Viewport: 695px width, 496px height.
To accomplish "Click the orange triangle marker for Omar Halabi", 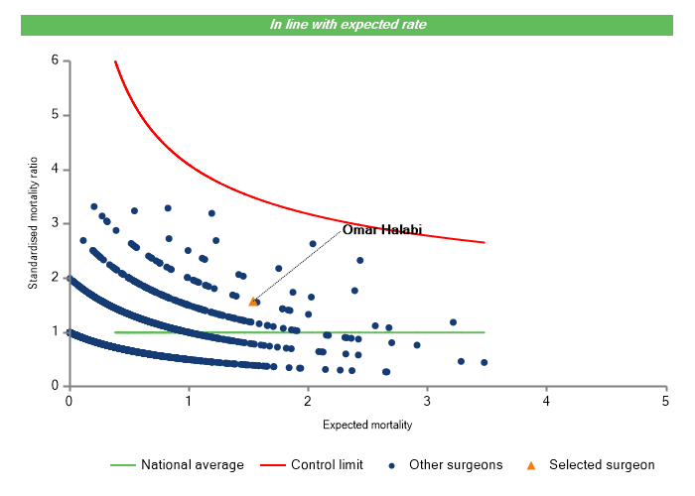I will [252, 301].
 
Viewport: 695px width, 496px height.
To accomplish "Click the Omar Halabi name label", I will [382, 230].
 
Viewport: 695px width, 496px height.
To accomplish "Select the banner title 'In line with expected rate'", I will [348, 24].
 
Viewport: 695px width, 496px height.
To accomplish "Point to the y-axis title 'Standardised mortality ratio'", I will [33, 223].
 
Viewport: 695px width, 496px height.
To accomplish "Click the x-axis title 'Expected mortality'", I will [367, 425].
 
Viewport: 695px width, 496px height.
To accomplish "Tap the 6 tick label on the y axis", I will [54, 61].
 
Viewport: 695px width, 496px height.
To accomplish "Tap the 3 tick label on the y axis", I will [54, 223].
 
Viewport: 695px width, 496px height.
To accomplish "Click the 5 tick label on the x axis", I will [665, 400].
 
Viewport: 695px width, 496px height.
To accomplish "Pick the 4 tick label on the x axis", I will [546, 400].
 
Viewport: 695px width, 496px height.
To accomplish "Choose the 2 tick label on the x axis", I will [308, 400].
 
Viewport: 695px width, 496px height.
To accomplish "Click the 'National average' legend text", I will [192, 464].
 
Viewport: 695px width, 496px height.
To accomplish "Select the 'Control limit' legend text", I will [327, 464].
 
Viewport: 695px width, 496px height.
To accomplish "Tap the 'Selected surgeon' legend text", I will [602, 464].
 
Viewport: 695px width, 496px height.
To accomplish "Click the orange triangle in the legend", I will [531, 464].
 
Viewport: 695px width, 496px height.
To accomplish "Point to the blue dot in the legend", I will [392, 464].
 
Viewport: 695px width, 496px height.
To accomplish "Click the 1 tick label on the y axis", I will [54, 331].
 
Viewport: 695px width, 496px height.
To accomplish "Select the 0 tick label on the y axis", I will [54, 386].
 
